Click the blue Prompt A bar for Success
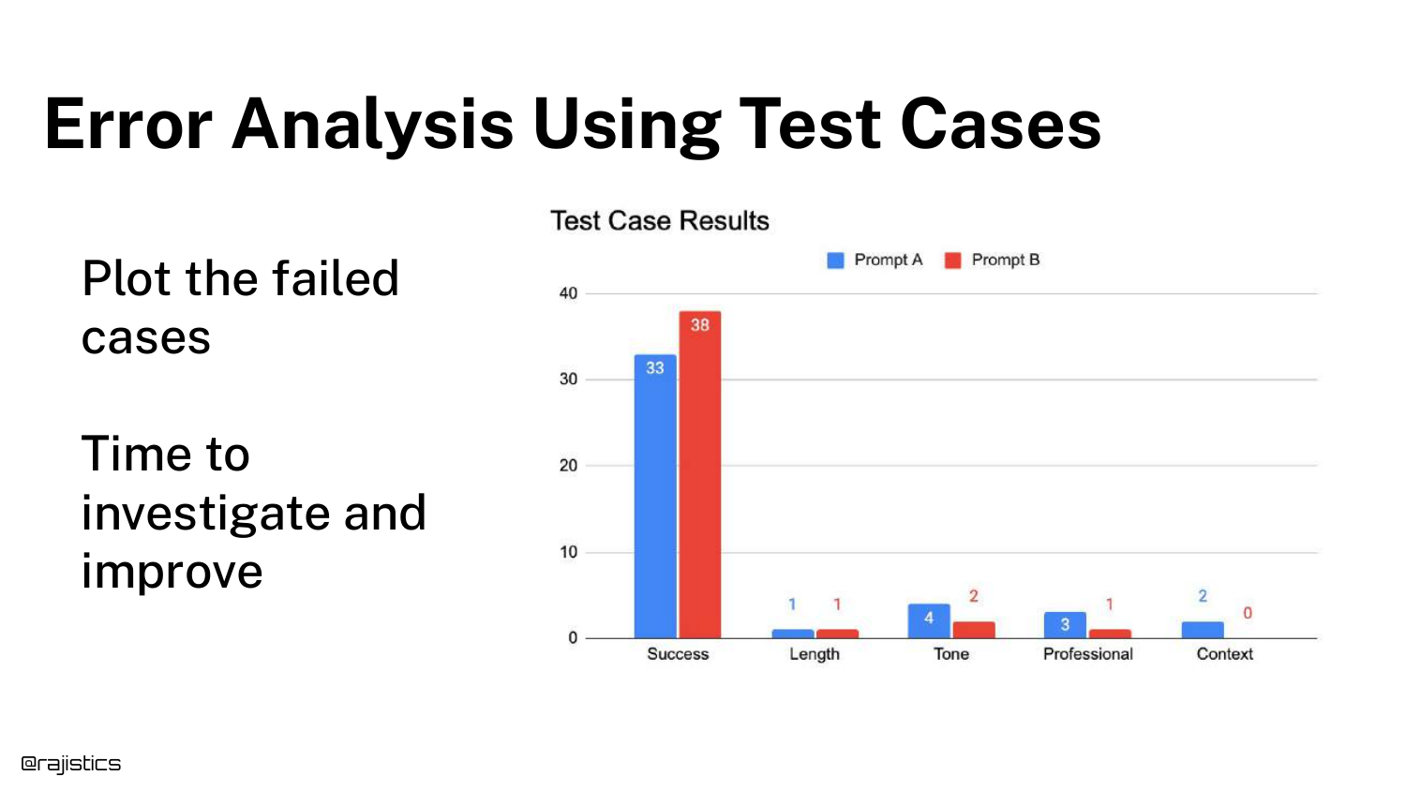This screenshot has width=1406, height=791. (655, 497)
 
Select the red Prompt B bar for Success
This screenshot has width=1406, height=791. (700, 474)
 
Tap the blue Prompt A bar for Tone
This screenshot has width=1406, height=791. (929, 620)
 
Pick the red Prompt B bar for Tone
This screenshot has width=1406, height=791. (974, 630)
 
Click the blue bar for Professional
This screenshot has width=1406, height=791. (1065, 625)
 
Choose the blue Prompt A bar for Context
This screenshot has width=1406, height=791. (1203, 630)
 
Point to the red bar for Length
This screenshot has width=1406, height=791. (837, 634)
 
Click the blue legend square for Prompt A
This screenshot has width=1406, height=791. (835, 261)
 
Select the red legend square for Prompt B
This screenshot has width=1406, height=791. (953, 261)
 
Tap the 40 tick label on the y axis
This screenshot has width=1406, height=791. (568, 293)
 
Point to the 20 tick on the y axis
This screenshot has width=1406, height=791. (568, 466)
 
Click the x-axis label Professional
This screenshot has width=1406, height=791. (1087, 654)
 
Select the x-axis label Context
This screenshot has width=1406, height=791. (1224, 654)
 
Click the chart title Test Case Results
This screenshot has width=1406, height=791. (660, 221)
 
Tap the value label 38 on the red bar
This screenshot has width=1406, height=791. (700, 325)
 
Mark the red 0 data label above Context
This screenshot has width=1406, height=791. (1248, 613)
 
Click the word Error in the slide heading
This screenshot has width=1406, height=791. (128, 125)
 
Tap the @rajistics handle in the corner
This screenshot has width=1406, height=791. (71, 764)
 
